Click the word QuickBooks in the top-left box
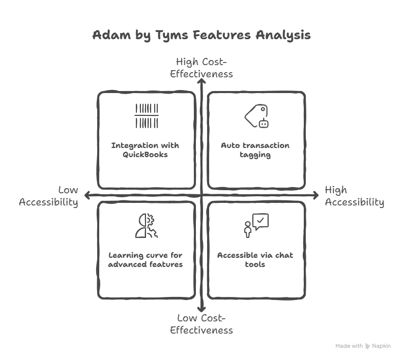145,155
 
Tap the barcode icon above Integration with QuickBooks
147,116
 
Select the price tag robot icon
256,116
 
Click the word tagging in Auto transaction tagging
255,155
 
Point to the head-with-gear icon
147,226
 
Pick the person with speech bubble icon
255,226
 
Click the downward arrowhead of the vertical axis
201,308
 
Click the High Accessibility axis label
354,196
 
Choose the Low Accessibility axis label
49,196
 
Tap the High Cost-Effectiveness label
201,68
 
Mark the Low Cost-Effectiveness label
201,324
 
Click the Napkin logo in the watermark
368,346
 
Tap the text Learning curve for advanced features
146,259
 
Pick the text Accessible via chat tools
255,259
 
